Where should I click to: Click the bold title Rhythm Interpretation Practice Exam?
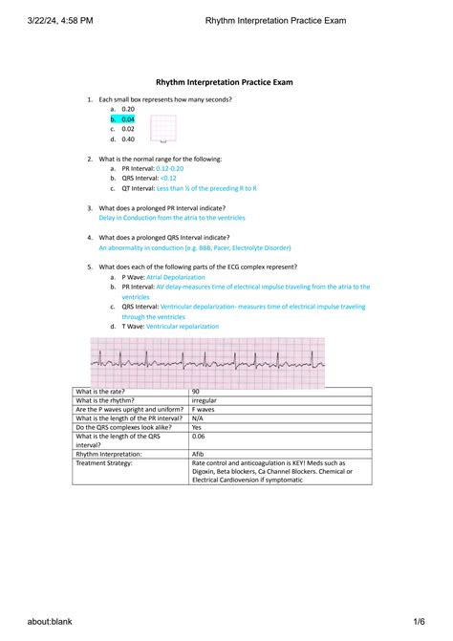225,83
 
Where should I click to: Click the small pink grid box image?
163,128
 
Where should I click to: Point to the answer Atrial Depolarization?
176,277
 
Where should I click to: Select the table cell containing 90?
196,393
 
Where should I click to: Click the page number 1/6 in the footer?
418,622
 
